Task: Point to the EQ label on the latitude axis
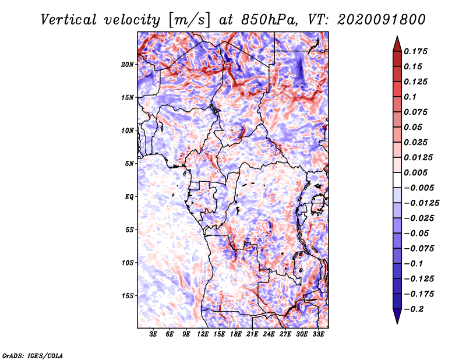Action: tap(129, 196)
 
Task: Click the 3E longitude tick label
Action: tap(154, 335)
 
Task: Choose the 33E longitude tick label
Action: tap(318, 335)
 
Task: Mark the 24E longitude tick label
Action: tap(269, 335)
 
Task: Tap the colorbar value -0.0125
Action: tap(422, 203)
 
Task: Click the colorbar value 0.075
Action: tap(417, 112)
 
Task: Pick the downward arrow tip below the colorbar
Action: tap(396, 322)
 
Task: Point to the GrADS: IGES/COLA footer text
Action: tap(33, 355)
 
